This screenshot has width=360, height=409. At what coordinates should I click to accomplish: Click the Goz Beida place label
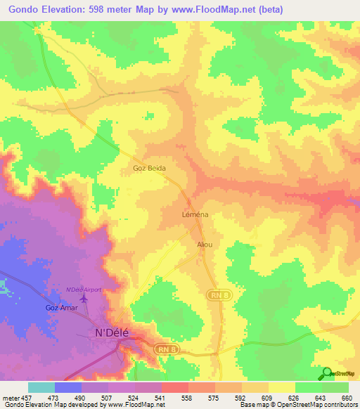click(x=148, y=169)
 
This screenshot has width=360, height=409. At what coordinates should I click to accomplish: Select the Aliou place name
click(x=204, y=244)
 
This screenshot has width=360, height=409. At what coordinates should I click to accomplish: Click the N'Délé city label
click(x=112, y=333)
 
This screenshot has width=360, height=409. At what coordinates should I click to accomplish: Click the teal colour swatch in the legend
click(x=41, y=387)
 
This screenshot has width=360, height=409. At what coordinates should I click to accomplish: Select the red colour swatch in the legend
click(x=175, y=387)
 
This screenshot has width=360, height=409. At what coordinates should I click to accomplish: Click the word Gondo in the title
click(x=27, y=10)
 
